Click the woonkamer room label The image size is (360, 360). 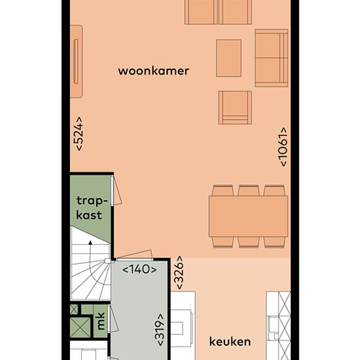coord(154,71)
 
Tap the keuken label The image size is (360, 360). coord(230,342)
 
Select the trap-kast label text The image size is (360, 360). coord(92,207)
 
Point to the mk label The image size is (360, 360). coord(101,321)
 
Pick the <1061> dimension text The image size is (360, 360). coord(283,147)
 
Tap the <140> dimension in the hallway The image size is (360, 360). coord(139,269)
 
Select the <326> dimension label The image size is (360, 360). coord(179,272)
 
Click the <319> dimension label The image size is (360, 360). coord(160,330)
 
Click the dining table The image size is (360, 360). coord(249,217)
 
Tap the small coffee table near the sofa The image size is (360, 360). coord(228,58)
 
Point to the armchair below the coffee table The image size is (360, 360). coord(235,107)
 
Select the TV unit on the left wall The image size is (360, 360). coord(76,62)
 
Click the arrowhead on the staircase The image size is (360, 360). coord(90,242)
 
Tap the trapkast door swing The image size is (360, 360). coord(117,190)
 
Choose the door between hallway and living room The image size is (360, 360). coord(134,255)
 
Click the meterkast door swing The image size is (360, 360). coord(113,319)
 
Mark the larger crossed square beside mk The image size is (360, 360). coord(81,328)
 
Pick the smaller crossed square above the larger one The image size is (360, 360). coord(74,310)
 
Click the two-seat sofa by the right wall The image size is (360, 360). coord(272,58)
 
